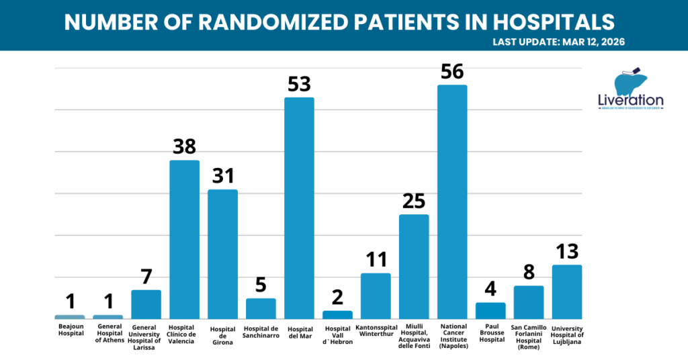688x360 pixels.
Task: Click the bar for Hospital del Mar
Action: [x=299, y=208]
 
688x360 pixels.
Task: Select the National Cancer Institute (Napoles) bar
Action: [x=452, y=201]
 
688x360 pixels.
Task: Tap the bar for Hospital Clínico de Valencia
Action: [x=184, y=239]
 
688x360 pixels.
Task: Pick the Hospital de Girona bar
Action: [x=222, y=254]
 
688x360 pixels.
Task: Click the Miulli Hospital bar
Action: [x=414, y=267]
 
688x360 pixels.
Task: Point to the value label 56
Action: [x=452, y=71]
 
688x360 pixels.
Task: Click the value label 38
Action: [x=184, y=146]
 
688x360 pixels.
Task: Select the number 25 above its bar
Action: [x=414, y=201]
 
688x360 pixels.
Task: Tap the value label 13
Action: [x=566, y=251]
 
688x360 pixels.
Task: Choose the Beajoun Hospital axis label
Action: [x=69, y=330]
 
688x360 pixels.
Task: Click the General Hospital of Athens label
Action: [x=107, y=333]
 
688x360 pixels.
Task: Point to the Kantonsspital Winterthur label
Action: [x=376, y=330]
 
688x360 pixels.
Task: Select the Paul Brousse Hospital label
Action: [x=490, y=333]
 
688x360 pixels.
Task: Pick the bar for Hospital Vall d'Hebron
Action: [x=337, y=314]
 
